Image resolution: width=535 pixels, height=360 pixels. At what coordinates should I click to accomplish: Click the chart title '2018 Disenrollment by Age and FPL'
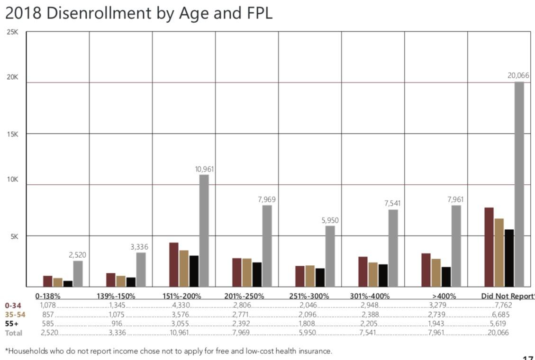click(138, 13)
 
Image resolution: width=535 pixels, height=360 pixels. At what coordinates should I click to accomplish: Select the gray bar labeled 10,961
click(204, 231)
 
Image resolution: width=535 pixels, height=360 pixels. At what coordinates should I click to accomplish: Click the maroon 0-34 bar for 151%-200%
click(174, 264)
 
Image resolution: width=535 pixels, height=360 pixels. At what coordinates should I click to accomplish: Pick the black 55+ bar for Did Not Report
click(509, 258)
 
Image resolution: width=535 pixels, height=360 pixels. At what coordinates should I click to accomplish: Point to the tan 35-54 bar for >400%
click(436, 272)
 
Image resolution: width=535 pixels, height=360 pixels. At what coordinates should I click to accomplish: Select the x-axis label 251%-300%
click(309, 297)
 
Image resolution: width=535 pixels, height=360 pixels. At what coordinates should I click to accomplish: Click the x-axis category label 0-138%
click(47, 297)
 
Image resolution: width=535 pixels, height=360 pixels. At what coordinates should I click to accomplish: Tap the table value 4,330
click(181, 306)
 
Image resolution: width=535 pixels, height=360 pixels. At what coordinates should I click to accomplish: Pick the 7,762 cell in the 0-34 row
click(502, 306)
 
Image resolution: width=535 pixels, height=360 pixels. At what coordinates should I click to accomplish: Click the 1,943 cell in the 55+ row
click(436, 324)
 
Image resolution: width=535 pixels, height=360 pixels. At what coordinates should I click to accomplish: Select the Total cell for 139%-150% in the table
click(117, 333)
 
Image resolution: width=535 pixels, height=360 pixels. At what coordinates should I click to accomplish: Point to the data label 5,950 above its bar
click(330, 220)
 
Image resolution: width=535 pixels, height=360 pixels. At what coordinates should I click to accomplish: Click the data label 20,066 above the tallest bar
click(519, 75)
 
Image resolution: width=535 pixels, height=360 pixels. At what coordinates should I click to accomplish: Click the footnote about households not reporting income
click(169, 351)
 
